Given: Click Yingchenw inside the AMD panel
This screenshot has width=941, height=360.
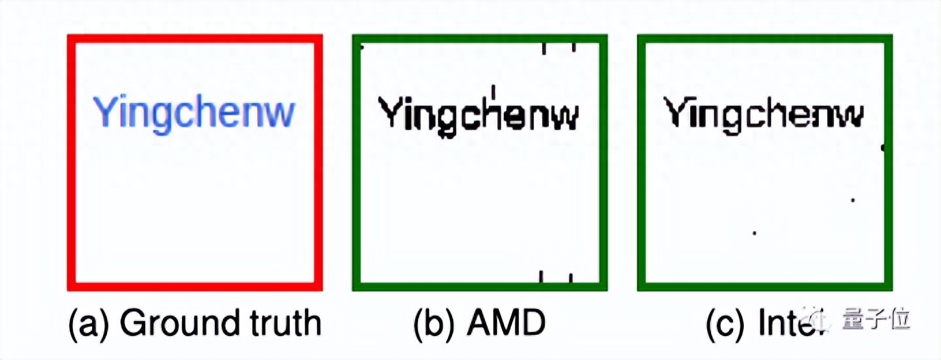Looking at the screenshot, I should click(479, 115).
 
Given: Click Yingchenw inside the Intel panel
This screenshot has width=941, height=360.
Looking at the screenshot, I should click(764, 113).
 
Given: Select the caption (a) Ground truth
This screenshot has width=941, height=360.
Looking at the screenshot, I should click(194, 322).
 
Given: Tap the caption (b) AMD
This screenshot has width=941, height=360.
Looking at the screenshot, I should click(479, 322).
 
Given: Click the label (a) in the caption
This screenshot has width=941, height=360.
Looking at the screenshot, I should click(89, 322).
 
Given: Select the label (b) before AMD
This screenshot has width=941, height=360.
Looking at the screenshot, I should click(435, 322).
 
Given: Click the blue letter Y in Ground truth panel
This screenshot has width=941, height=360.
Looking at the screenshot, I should click(104, 112).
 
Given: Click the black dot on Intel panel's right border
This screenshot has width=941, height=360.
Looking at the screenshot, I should click(884, 147).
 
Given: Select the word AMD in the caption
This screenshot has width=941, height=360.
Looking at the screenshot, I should click(506, 322).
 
